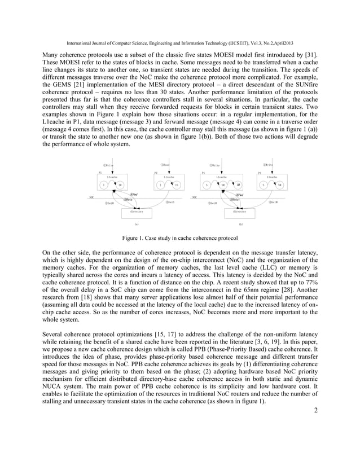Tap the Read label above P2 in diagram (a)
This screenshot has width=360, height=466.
pos(166,165)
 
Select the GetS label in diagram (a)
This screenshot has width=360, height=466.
pos(170,201)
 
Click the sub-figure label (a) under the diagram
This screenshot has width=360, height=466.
pos(136,225)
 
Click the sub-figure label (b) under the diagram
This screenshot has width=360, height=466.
pos(240,225)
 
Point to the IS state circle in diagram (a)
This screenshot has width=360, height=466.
pos(176,184)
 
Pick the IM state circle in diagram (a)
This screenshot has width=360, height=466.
pos(120,184)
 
